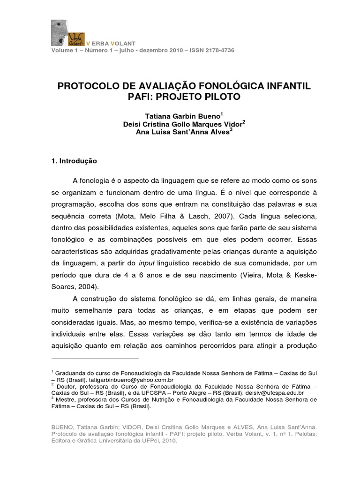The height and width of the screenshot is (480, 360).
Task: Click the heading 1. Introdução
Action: point(74,161)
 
